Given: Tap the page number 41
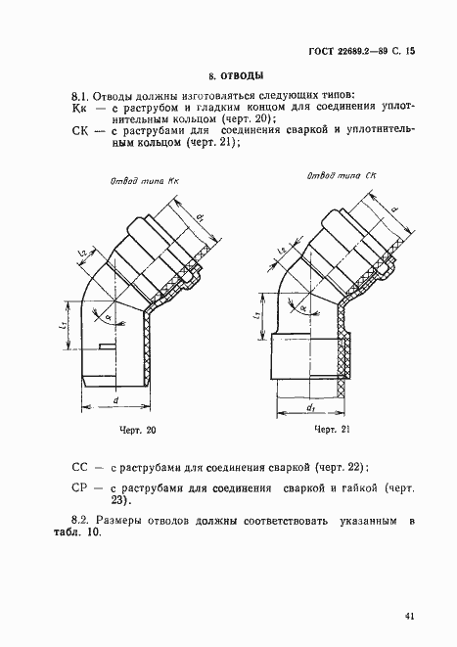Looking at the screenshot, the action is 409,616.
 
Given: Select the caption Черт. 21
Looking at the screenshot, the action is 333,430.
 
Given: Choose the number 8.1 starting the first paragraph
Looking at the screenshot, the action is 82,96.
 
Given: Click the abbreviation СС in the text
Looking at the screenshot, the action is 82,469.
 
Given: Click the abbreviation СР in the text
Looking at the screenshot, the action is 82,487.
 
